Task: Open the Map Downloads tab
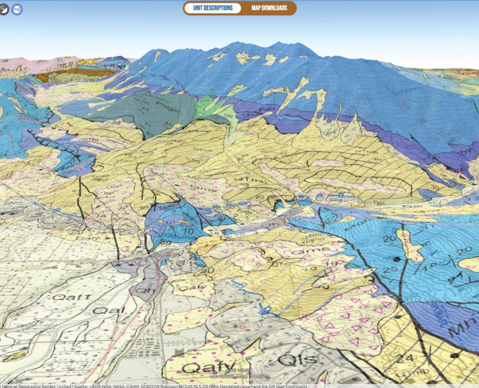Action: tap(269, 8)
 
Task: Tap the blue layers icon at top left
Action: tap(17, 9)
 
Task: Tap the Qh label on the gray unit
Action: tap(140, 289)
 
